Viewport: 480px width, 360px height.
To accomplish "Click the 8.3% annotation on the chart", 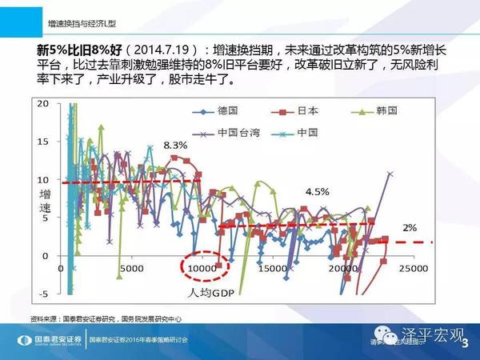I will coord(174,146).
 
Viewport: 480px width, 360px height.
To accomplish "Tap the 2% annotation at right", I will coord(410,228).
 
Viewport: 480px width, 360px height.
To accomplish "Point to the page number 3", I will coord(465,342).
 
